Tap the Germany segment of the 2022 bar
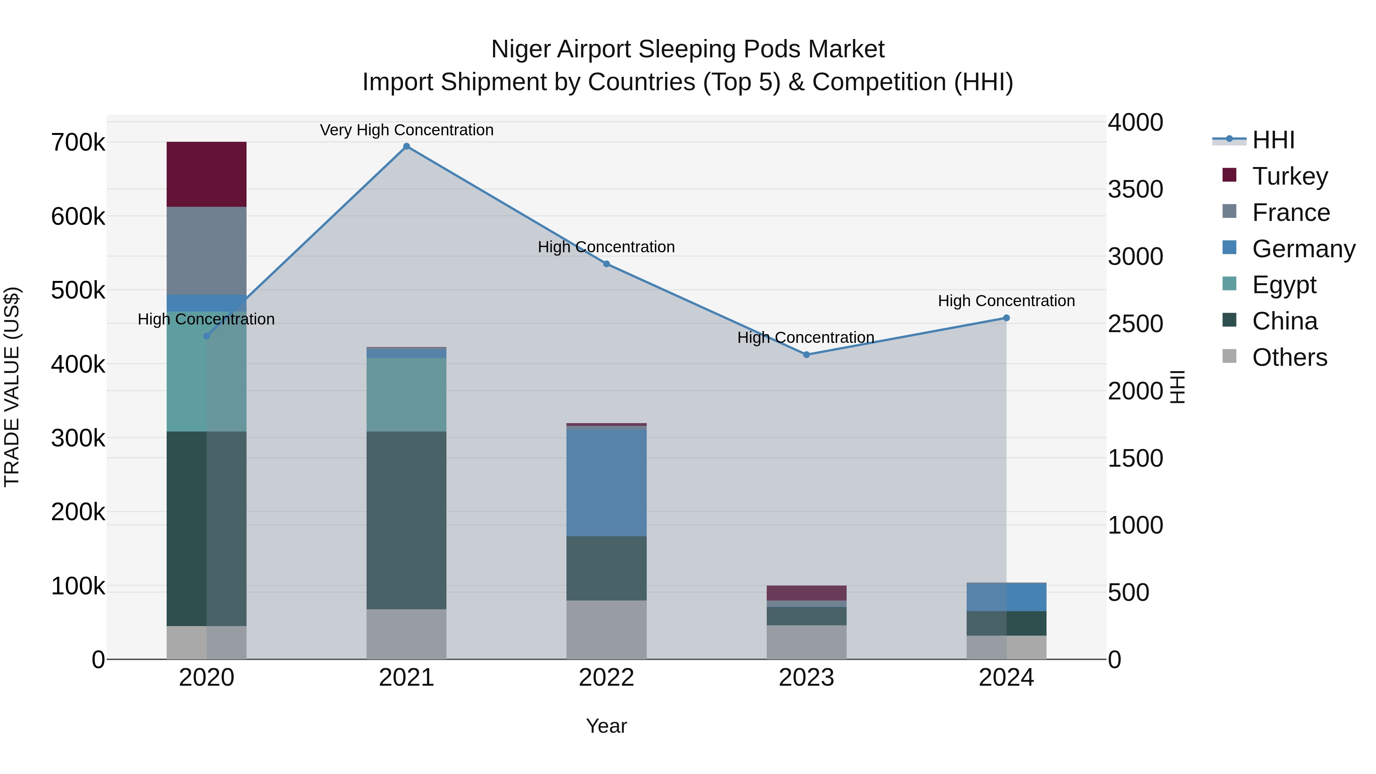606,483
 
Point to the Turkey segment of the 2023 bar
806,593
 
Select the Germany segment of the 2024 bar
1006,597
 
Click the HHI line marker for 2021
407,146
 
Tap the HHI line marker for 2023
806,355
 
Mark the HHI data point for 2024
1006,318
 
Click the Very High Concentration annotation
407,130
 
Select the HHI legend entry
1273,140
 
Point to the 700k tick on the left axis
78,143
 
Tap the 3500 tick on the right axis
1135,189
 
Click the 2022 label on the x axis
606,678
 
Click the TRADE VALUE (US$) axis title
12,387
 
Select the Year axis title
606,726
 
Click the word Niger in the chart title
521,49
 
